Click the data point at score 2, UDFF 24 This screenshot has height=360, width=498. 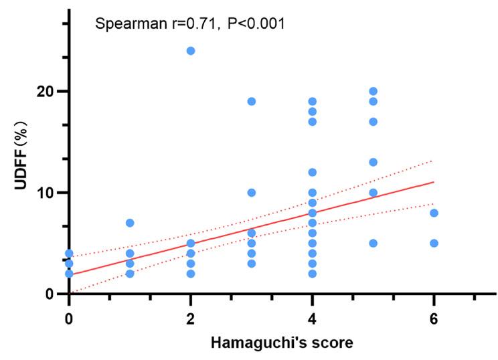tap(191, 51)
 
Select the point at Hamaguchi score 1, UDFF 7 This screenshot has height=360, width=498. tap(130, 223)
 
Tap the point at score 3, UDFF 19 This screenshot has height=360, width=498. tap(252, 102)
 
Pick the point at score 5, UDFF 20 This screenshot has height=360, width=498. tap(373, 91)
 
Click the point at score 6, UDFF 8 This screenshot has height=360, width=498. tap(434, 213)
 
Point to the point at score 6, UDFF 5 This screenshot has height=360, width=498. tap(434, 243)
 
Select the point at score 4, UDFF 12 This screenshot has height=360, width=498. tap(312, 172)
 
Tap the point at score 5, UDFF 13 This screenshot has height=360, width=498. tap(373, 162)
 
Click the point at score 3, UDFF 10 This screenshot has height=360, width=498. tap(252, 193)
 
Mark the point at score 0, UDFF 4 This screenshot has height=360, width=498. tap(69, 254)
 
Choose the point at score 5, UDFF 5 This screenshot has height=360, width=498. tap(373, 243)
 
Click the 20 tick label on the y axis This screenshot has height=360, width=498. tap(46, 92)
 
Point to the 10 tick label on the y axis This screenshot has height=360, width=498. tap(46, 193)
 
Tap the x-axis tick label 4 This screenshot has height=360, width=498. tap(312, 316)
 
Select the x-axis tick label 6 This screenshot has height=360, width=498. tap(434, 316)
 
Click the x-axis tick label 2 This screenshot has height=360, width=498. tap(191, 316)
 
